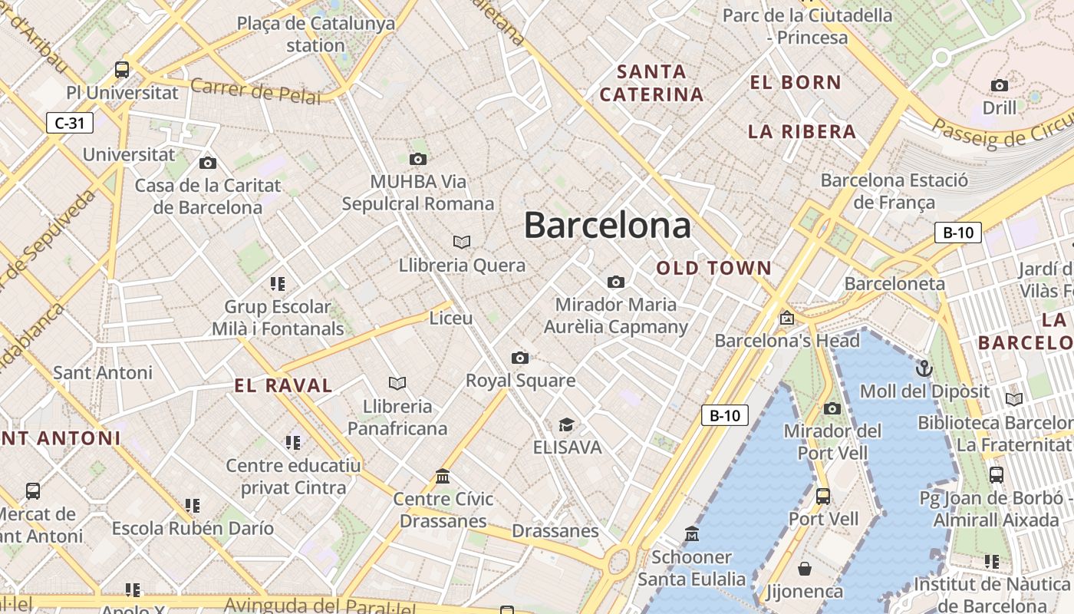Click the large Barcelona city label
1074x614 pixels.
coord(607,226)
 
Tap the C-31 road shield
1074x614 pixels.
coord(70,123)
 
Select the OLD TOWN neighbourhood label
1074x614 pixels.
coord(713,268)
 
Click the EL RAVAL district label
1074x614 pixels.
coord(284,385)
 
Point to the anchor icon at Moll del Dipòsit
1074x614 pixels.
coord(924,368)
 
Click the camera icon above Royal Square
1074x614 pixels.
coord(519,358)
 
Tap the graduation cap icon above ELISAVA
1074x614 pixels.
coord(566,424)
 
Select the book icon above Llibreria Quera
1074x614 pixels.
coord(461,242)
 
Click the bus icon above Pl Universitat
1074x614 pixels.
coord(121,70)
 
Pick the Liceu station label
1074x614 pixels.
coord(451,318)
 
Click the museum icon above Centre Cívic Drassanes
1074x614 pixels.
coord(443,477)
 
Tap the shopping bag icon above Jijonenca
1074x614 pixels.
coord(805,569)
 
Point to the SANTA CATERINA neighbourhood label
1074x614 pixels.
coord(651,83)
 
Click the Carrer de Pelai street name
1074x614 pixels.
coord(255,91)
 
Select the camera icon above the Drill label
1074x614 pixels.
coord(1000,85)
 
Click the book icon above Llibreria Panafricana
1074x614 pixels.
coord(397,383)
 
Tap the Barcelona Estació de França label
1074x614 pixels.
coord(894,191)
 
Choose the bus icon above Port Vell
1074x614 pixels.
coord(823,496)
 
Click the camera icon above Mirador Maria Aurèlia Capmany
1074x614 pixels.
coord(615,282)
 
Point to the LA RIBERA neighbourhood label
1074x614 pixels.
coord(802,131)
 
